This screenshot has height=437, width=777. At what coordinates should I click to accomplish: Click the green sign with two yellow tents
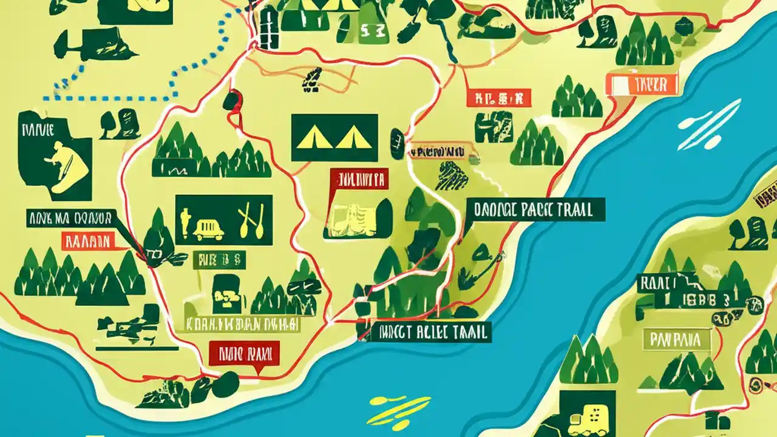coord(334,138)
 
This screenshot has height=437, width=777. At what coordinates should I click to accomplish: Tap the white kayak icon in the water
coord(708,124)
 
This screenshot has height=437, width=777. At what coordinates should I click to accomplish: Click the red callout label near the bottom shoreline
coord(244,353)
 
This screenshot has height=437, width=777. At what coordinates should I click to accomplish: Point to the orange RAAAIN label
coord(86,242)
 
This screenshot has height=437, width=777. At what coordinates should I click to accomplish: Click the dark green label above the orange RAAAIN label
coord(69,218)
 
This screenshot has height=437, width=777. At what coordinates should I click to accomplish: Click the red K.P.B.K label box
coord(499,97)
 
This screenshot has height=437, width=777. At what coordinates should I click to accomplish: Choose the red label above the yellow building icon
coord(358,179)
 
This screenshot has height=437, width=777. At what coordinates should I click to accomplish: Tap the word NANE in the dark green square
coord(38,129)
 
